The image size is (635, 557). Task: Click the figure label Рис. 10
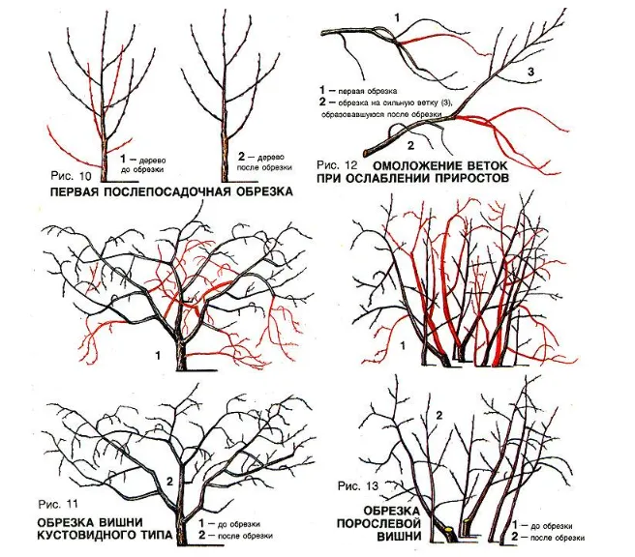tap(72, 176)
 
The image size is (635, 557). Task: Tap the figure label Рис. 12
tap(337, 165)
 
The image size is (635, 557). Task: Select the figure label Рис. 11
tap(57, 505)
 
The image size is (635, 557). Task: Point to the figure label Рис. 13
tap(357, 485)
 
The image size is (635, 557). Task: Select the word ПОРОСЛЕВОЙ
tap(378, 523)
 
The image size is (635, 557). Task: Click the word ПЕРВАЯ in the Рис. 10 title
tap(76, 191)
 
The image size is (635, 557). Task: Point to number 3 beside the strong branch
tap(530, 72)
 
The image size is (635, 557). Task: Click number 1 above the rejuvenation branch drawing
tap(397, 17)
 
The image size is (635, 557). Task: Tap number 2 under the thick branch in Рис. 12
tap(410, 145)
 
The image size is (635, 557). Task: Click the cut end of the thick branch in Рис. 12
tap(366, 153)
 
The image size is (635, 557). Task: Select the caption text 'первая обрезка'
tap(367, 91)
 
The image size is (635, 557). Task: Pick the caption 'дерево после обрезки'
tap(264, 161)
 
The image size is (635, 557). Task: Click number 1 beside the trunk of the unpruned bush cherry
tap(159, 356)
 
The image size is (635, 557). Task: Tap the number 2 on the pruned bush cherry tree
tap(169, 481)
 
